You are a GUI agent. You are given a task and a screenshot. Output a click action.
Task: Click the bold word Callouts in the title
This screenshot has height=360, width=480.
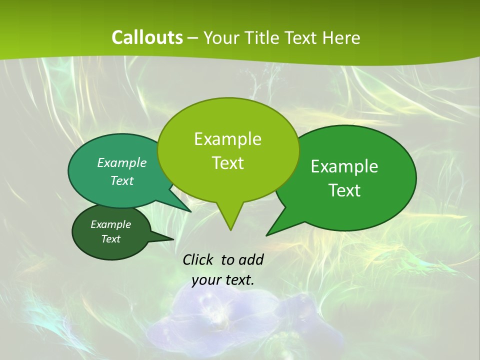coord(147,37)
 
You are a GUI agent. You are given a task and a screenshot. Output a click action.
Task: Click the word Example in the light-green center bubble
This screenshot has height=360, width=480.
coord(227,139)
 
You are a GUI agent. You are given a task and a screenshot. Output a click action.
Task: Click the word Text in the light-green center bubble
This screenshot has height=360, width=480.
coord(227,163)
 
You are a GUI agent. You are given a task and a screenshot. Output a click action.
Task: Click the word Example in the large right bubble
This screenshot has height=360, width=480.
coord(344,166)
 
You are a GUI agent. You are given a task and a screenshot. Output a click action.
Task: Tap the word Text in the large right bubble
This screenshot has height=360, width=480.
coord(344,190)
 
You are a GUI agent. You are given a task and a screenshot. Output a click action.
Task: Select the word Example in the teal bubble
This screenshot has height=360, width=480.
coord(122,163)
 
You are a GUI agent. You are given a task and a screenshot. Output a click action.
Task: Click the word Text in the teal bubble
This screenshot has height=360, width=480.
coord(122,181)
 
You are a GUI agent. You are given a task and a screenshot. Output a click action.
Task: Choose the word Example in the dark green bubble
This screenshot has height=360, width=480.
coord(110,224)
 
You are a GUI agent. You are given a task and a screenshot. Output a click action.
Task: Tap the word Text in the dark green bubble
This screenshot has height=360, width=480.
coord(110,239)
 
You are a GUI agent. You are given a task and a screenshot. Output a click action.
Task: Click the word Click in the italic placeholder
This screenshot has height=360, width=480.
coord(199,259)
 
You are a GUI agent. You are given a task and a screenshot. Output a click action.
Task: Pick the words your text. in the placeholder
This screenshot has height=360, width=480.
coord(223,280)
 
